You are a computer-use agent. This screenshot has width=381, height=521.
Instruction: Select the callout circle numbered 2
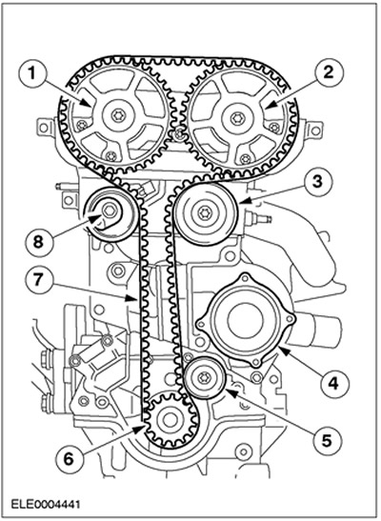[329, 71]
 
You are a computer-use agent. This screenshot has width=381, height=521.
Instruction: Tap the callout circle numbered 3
[318, 181]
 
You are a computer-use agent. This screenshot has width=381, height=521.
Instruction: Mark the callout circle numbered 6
[69, 459]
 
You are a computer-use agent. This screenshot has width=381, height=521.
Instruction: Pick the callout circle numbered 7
[38, 279]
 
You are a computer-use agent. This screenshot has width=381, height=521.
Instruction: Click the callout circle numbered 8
[38, 242]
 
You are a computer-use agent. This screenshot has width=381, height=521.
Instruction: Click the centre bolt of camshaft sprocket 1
[118, 115]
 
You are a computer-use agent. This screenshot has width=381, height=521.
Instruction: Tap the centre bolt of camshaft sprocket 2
[237, 118]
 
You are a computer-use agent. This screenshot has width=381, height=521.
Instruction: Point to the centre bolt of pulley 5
[203, 378]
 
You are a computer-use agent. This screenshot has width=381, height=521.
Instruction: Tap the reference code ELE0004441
[46, 505]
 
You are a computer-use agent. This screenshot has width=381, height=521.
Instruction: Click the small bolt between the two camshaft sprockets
[179, 134]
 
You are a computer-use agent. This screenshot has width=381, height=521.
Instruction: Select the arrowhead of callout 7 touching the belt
[131, 298]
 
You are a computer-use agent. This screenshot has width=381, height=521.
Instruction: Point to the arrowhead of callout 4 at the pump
[283, 350]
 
